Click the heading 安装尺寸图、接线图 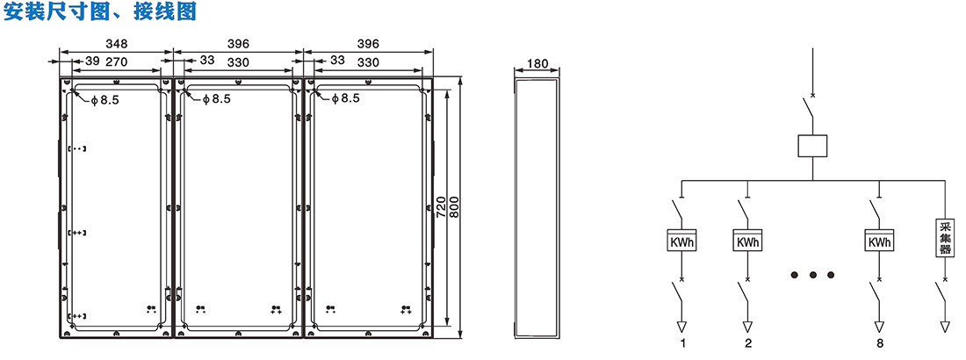[100, 11]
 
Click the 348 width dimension [117, 44]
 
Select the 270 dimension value [118, 61]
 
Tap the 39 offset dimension [92, 61]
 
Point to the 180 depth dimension [537, 63]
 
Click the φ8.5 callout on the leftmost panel [105, 99]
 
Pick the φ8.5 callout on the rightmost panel [344, 98]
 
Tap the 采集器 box [945, 240]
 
